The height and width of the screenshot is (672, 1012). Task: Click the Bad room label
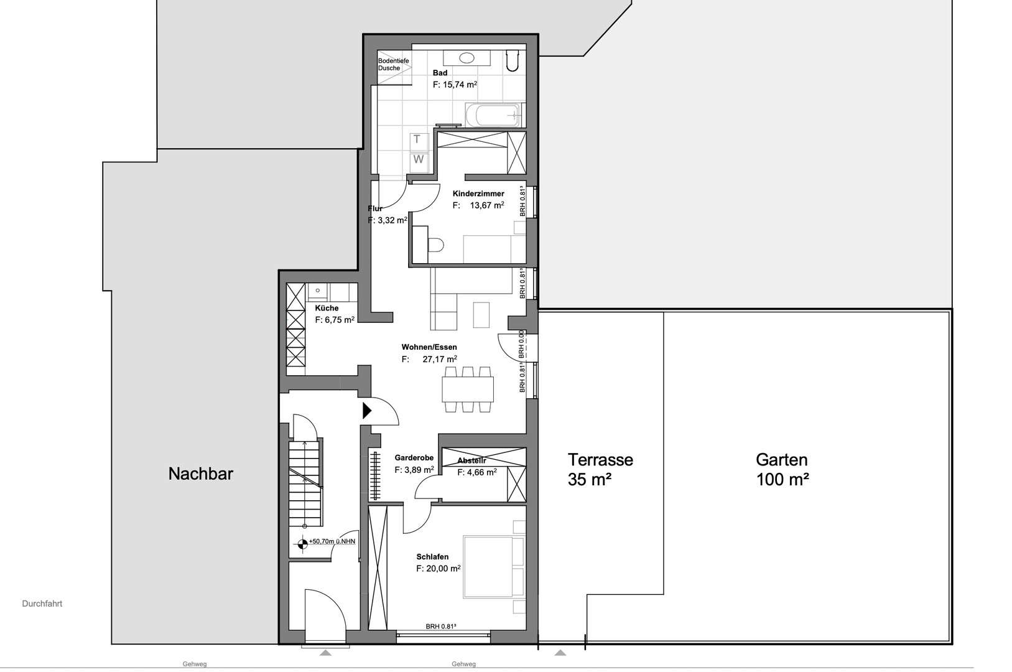[x=440, y=73]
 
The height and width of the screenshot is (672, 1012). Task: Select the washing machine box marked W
[x=419, y=159]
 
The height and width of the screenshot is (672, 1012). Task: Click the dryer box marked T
[x=417, y=139]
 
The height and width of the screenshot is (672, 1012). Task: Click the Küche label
[x=327, y=308]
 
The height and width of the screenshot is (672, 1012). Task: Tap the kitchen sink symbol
[x=318, y=290]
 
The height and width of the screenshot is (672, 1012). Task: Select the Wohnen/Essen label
[x=429, y=347]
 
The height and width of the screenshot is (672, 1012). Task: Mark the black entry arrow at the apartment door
[x=367, y=410]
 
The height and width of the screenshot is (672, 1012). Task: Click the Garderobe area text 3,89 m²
[x=414, y=470]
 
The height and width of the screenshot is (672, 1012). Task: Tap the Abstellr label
[x=471, y=461]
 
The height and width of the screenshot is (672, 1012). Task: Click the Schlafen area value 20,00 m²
[x=438, y=569]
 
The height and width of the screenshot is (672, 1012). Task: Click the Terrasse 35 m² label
[x=600, y=469]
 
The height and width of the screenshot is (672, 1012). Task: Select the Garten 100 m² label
[x=782, y=469]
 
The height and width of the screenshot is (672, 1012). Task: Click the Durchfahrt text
[x=42, y=604]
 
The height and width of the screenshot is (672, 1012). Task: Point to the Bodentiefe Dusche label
[x=393, y=64]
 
